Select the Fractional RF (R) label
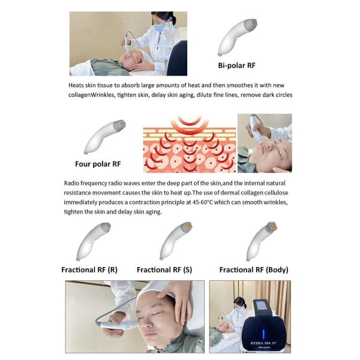point(89,270)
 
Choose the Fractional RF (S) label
point(166,270)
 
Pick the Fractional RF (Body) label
point(253,270)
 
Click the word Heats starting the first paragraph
point(76,85)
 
